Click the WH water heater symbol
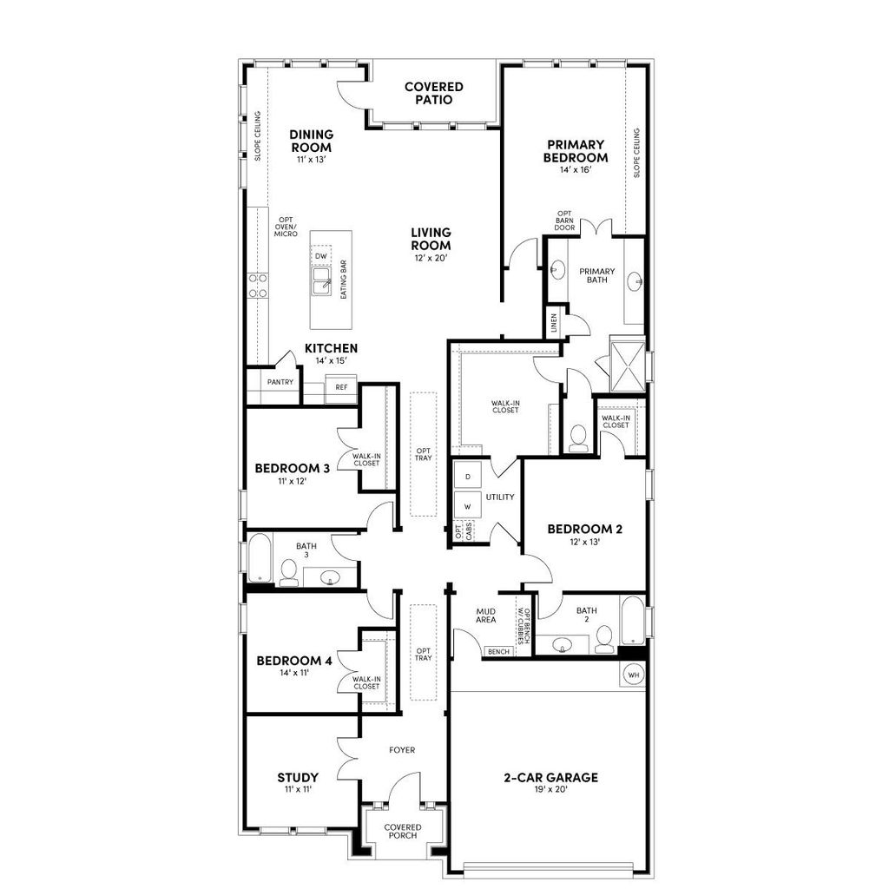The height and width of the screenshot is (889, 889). point(633,675)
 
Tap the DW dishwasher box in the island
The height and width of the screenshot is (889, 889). point(321,256)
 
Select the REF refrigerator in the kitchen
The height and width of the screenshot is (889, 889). point(340,387)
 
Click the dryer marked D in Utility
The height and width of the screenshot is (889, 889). point(468,476)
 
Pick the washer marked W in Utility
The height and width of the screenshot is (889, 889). point(468,505)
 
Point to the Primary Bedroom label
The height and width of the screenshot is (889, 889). point(576,151)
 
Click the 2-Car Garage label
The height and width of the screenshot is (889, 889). point(550,777)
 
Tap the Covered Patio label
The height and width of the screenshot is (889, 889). point(434,93)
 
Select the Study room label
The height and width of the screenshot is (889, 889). point(298,777)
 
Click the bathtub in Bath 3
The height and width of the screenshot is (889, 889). point(260,556)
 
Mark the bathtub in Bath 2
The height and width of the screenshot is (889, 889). point(633,620)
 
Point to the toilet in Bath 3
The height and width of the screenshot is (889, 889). point(288,572)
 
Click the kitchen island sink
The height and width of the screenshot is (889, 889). point(322,281)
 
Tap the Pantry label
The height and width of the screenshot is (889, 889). point(280,382)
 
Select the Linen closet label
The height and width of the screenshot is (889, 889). point(554,323)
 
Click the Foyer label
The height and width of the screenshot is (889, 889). point(402,749)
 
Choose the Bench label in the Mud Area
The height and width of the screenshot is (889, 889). point(498,652)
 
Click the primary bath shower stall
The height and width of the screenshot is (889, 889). point(628,367)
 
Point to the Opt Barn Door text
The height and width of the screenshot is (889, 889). point(564,221)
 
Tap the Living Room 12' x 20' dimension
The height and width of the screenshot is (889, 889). point(431,258)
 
